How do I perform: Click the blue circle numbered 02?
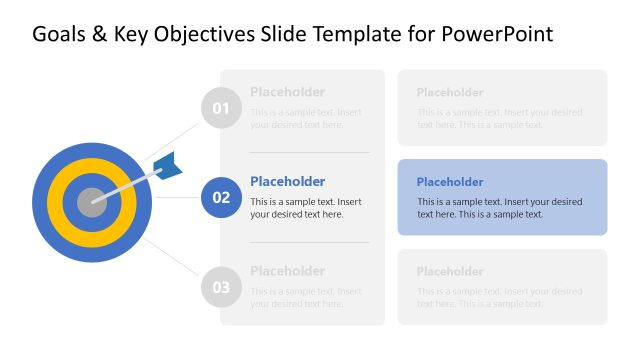coord(221,197)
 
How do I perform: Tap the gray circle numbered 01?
coord(221,108)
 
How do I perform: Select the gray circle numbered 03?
coord(221,288)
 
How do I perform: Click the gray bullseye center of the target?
coord(90,200)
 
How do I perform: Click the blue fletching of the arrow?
coord(168,167)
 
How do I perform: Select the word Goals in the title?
coord(60,34)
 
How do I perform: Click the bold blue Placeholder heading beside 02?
coord(287,181)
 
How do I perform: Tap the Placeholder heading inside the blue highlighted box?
coord(450,182)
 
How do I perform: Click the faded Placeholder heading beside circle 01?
coord(287,91)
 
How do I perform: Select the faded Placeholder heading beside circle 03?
coord(287,271)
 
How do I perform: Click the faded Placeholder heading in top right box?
coord(450,92)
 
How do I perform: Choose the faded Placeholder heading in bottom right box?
coord(450,271)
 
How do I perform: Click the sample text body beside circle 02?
coord(305,208)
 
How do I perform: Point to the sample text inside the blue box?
coord(499,208)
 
